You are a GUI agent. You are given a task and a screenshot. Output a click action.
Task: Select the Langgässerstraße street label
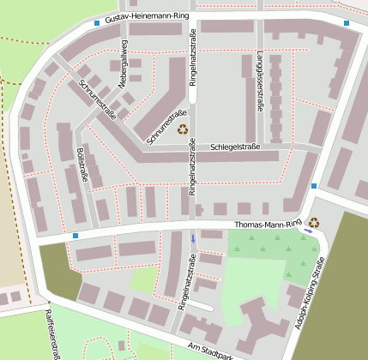tap(259, 83)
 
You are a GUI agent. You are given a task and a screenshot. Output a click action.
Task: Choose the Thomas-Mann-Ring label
tap(268, 225)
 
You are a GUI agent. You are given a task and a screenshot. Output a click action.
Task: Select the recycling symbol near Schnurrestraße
tap(183, 129)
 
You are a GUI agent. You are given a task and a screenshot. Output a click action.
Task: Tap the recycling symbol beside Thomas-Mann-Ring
tap(315, 222)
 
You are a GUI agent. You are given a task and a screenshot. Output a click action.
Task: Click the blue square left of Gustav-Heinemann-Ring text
tap(96, 23)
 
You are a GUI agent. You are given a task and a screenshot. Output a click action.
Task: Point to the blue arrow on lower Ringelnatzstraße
tap(194, 239)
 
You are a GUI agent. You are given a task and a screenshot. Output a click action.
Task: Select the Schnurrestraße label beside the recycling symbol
tap(166, 126)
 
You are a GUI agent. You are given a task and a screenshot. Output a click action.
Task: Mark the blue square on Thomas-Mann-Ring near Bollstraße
tap(75, 235)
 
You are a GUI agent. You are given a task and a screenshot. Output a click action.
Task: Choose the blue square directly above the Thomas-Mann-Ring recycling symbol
tap(315, 185)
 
